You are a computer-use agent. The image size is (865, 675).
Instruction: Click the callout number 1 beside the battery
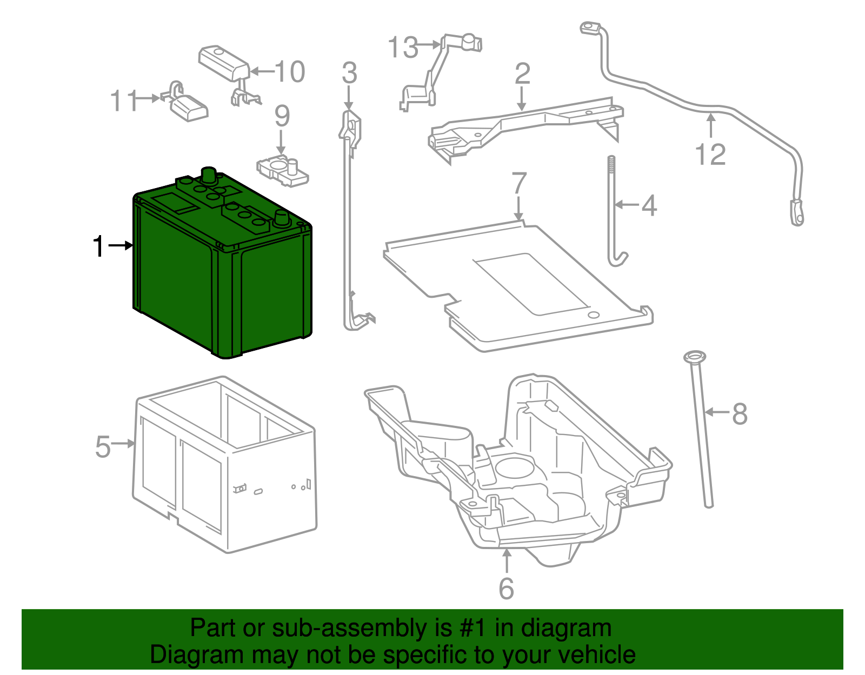98,246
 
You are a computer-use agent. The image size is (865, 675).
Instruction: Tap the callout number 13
403,48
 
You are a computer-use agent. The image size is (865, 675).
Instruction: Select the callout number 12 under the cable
710,155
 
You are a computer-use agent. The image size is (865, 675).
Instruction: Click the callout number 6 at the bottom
506,589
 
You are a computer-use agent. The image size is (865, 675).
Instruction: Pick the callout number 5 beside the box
103,447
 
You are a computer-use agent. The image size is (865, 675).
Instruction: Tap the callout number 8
740,415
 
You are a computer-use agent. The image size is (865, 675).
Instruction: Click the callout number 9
282,116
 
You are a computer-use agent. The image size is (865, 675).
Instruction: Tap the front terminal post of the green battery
282,218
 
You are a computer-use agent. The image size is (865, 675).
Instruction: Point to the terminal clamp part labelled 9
283,169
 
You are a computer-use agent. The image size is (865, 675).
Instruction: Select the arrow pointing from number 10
262,71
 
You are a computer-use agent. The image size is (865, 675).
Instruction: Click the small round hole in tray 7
593,315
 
